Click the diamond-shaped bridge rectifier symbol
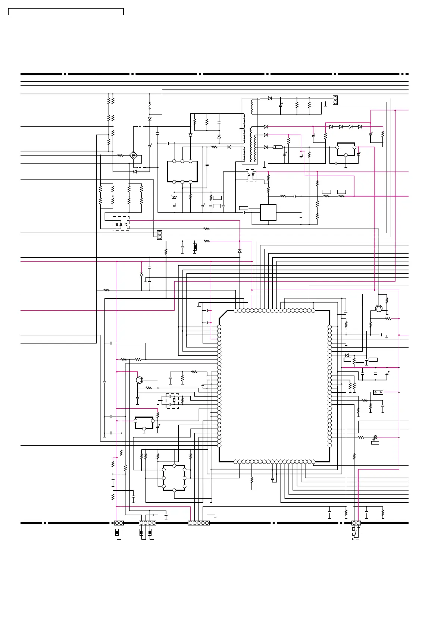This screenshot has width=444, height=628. (x=133, y=155)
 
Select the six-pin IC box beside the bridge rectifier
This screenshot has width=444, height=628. (x=182, y=172)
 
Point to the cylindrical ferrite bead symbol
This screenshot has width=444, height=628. (x=278, y=147)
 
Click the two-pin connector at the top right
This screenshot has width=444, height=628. (x=335, y=100)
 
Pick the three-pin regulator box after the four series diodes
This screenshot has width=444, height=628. (x=346, y=149)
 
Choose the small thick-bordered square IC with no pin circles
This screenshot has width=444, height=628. (x=268, y=213)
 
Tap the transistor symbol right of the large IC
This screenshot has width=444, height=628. (x=379, y=308)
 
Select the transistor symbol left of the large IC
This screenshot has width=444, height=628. (x=140, y=380)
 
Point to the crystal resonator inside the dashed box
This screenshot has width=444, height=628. (x=174, y=401)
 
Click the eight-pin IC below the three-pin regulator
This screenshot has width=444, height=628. (x=174, y=478)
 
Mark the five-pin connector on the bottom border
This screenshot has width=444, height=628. (x=198, y=523)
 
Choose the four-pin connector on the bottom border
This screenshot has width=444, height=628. (x=147, y=523)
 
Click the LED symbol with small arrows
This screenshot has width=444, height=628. (x=375, y=437)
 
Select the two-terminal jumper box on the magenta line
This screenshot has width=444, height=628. (x=378, y=392)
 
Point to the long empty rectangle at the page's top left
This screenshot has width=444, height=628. (x=66, y=12)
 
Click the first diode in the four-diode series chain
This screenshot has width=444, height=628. (x=331, y=127)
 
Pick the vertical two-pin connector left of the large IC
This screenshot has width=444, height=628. (x=160, y=235)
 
